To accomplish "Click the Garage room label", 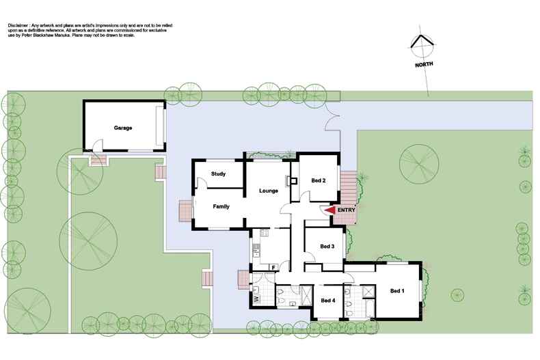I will (x=123, y=128).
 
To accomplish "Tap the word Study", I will (x=219, y=174).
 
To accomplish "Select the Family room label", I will (x=221, y=206).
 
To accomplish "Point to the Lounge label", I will (x=268, y=191).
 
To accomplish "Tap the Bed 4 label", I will (x=328, y=301).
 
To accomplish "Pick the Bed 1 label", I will (x=398, y=291).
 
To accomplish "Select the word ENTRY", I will (x=346, y=210).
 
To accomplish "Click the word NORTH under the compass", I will (x=424, y=66).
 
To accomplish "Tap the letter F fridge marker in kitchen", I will (x=273, y=266).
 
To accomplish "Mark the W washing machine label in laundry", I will (x=256, y=299).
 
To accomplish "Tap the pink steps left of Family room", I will (x=185, y=211).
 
